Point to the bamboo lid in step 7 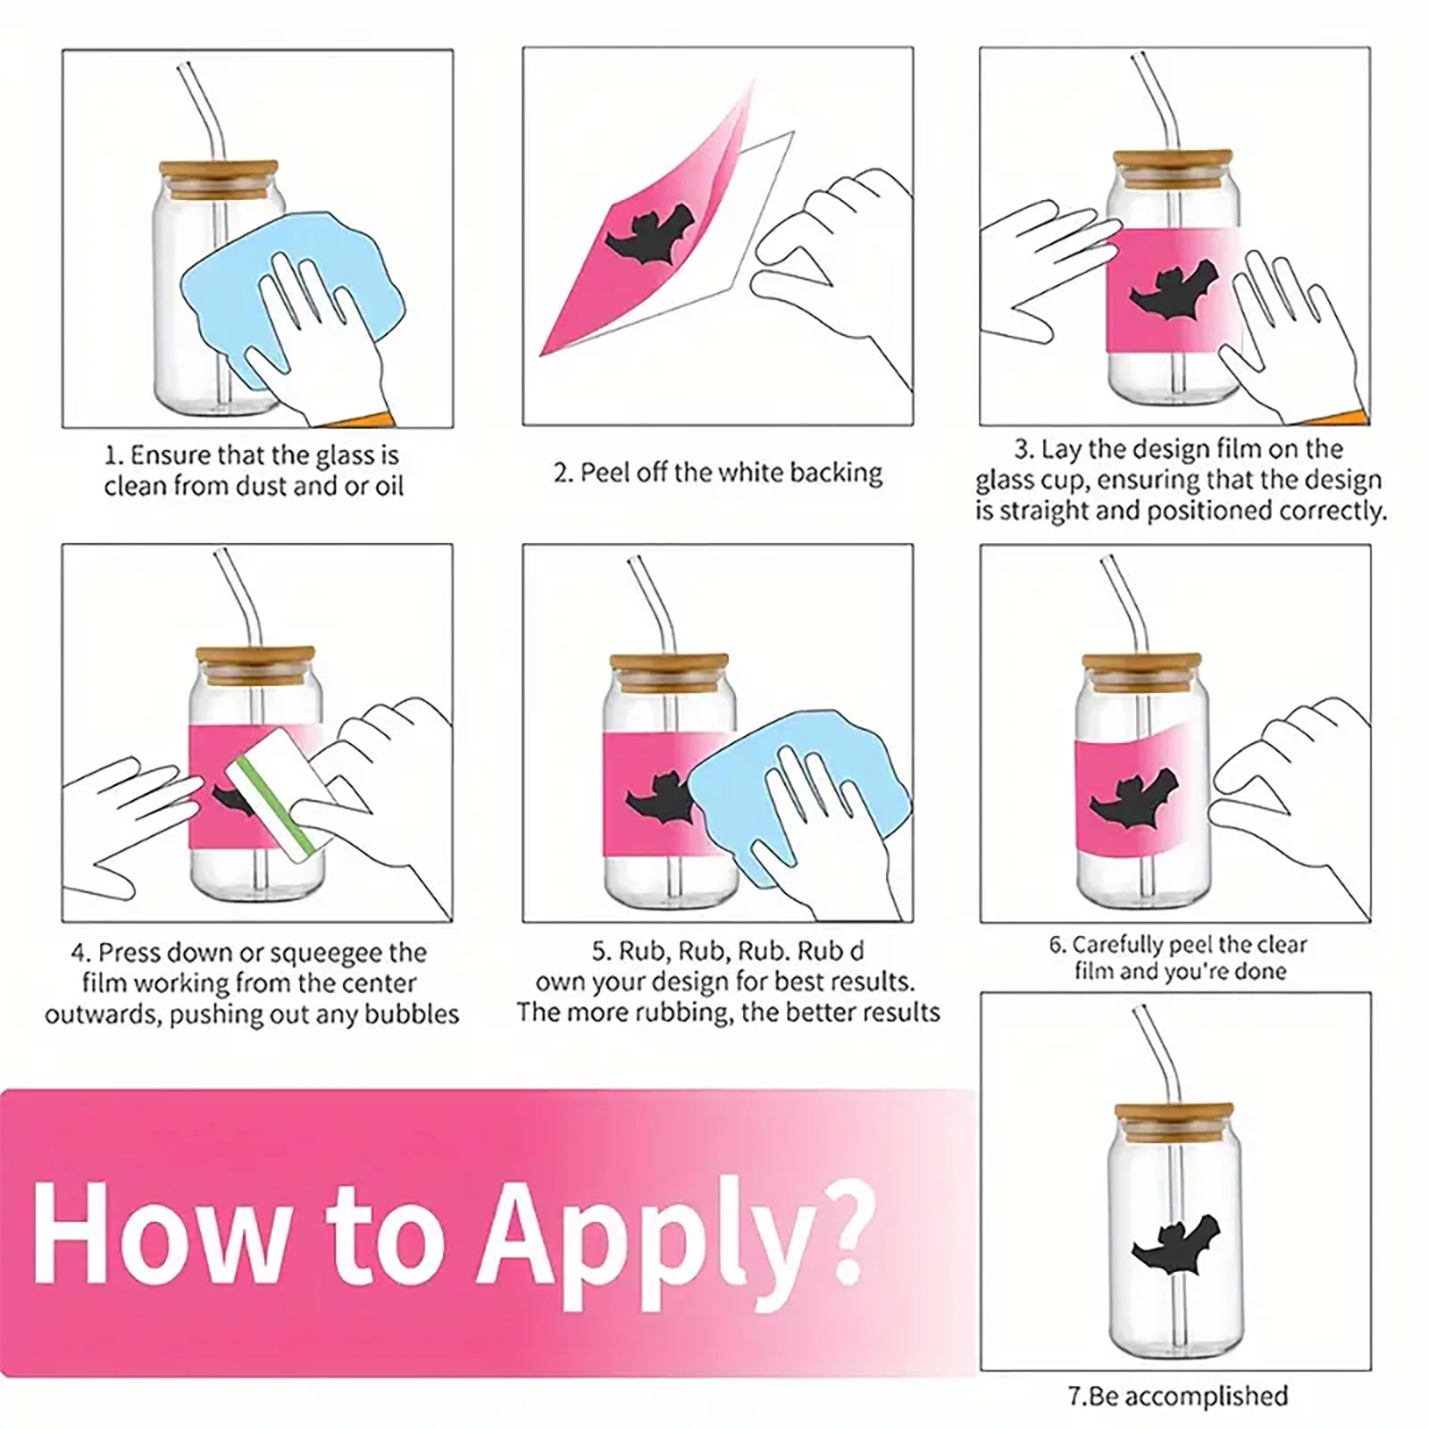[x=1174, y=1117]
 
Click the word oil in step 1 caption [x=387, y=487]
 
